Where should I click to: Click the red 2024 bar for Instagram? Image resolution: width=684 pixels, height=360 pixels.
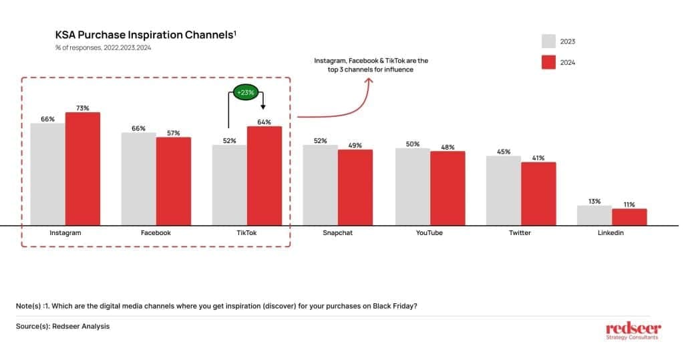[82, 169]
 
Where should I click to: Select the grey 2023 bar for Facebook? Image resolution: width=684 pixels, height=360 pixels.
[138, 179]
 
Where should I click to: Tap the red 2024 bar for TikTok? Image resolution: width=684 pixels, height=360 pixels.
[265, 176]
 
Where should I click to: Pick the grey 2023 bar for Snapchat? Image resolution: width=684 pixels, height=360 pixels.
[320, 185]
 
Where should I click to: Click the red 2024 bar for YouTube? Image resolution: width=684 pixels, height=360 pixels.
[448, 188]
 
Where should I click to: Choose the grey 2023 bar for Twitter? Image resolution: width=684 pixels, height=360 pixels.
[503, 190]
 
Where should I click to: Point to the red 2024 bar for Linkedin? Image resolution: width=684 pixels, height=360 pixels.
[629, 217]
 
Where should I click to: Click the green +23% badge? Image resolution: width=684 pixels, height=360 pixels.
[245, 93]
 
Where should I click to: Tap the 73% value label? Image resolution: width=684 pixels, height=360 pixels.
[82, 108]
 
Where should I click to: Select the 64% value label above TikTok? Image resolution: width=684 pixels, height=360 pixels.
[265, 121]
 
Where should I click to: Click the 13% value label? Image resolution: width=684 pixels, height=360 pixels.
[594, 200]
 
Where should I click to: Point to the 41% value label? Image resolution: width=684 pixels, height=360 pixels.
[538, 158]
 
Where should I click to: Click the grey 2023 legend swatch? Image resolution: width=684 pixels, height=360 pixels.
[549, 41]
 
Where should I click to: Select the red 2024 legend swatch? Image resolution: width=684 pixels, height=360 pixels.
[549, 62]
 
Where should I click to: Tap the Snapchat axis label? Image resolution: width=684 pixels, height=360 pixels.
[337, 233]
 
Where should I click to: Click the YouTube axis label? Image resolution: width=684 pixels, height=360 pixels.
[430, 233]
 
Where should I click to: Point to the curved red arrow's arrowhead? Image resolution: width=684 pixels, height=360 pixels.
[368, 79]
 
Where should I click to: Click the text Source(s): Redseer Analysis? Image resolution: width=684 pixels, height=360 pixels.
[63, 326]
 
